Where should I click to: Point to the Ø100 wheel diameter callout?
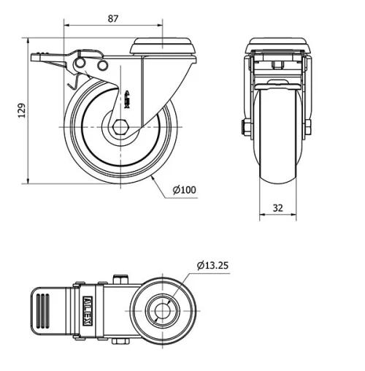click(x=185, y=190)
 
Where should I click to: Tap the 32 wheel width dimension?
click(x=277, y=207)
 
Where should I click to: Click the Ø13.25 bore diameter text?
click(x=213, y=266)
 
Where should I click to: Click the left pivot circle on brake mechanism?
click(x=82, y=66)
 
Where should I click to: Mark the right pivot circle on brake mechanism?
click(x=103, y=66)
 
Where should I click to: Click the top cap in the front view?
click(x=277, y=44)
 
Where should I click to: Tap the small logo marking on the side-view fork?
click(x=128, y=96)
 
